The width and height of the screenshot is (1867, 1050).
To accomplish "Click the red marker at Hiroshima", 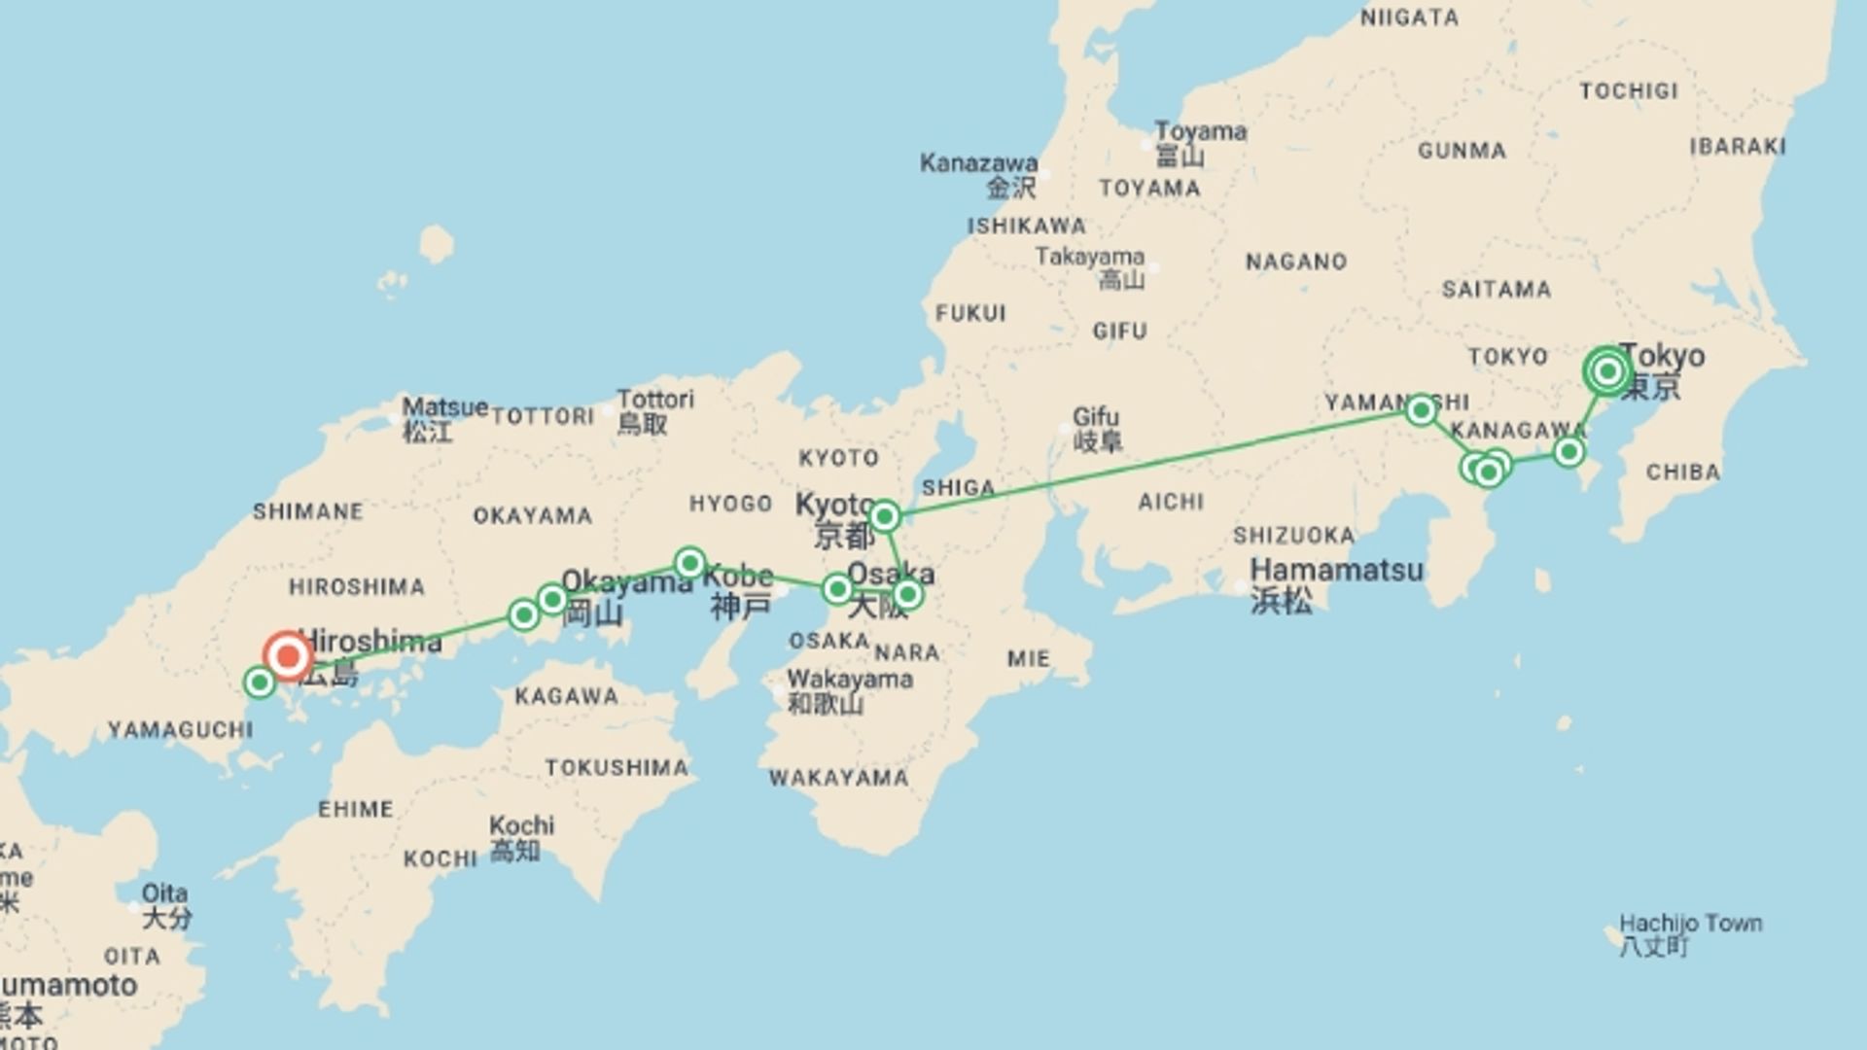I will (288, 656).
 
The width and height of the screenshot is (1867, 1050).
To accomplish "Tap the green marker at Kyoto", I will (884, 515).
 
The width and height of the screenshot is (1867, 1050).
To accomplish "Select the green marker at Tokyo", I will (1606, 371).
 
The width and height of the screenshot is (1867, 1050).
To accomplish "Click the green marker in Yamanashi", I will (1421, 410).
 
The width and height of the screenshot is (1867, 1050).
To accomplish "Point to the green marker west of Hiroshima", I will (260, 682).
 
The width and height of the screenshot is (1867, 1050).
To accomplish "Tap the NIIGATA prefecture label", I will (1409, 17).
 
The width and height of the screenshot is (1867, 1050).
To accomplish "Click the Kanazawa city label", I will (978, 162).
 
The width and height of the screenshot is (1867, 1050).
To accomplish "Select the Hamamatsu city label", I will (1336, 570).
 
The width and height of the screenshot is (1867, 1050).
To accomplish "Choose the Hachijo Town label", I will (1690, 923).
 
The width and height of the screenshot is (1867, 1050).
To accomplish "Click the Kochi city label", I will (521, 825).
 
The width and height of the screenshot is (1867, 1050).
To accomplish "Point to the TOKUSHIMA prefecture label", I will (616, 768).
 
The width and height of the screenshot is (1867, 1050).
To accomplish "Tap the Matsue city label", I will (444, 407).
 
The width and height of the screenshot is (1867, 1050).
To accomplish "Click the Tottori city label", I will (655, 400).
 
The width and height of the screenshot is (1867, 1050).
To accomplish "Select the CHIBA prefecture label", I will (1683, 472).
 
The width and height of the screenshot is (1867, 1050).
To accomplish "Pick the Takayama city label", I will (1089, 257).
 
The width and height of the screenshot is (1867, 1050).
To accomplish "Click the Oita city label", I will (164, 892).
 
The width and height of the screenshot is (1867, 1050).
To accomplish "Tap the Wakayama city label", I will (850, 679).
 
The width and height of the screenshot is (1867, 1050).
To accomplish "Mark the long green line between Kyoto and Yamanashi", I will (1152, 464).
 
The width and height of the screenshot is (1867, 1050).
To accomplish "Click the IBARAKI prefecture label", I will (1738, 146).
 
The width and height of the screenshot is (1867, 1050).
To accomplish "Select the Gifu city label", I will (1095, 417).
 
